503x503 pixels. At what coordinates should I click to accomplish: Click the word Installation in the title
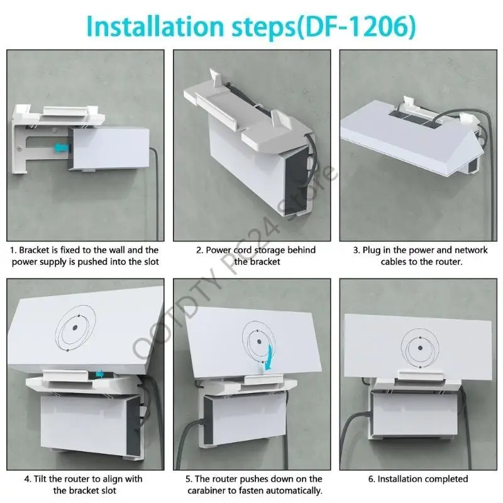pyautogui.click(x=155, y=26)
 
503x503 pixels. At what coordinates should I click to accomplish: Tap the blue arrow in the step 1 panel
pyautogui.click(x=62, y=147)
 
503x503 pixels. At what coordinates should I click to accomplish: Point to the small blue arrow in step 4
pyautogui.click(x=100, y=374)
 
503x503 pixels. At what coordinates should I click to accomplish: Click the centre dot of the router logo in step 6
pyautogui.click(x=420, y=348)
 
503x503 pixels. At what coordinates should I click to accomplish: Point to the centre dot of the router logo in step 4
pyautogui.click(x=75, y=328)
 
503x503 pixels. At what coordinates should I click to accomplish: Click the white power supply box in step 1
pyautogui.click(x=108, y=148)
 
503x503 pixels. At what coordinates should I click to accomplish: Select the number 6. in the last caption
pyautogui.click(x=372, y=479)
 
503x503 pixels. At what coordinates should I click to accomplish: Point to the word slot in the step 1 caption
pyautogui.click(x=151, y=262)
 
